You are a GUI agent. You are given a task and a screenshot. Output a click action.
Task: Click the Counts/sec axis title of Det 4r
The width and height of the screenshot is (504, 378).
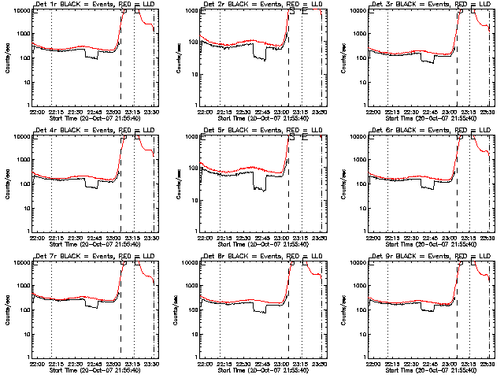pos(9,183)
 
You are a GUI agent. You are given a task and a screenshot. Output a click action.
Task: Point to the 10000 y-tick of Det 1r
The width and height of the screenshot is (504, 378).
pos(19,10)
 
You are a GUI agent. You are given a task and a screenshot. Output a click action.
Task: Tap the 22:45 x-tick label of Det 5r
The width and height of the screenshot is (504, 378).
pos(264,237)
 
